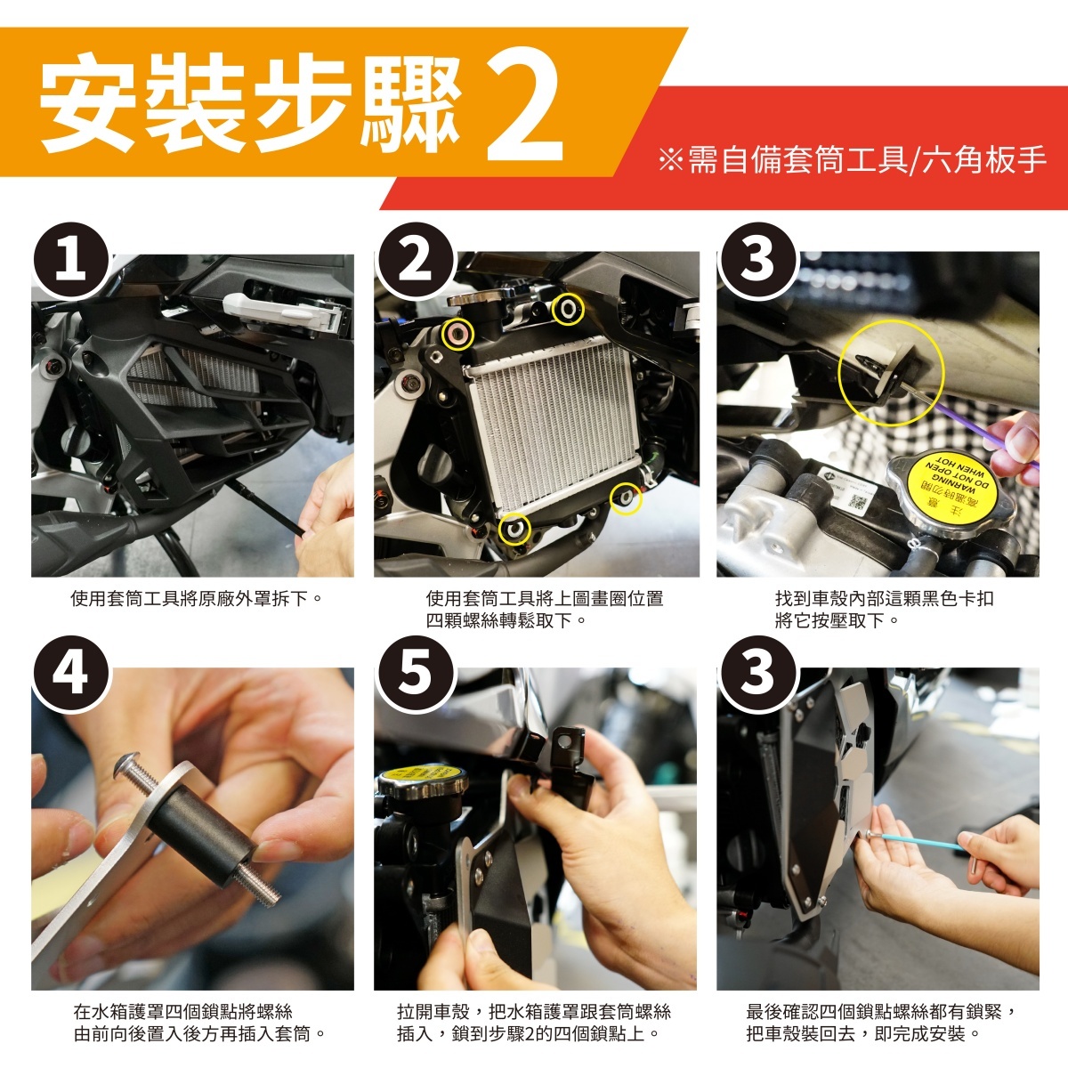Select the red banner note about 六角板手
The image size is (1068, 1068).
coord(853,160)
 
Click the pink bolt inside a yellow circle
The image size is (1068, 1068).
coord(457,335)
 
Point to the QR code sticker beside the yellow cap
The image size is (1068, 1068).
coord(858,502)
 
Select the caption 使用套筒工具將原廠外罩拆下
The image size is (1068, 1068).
coord(196,599)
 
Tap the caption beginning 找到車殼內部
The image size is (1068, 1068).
coord(884,609)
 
